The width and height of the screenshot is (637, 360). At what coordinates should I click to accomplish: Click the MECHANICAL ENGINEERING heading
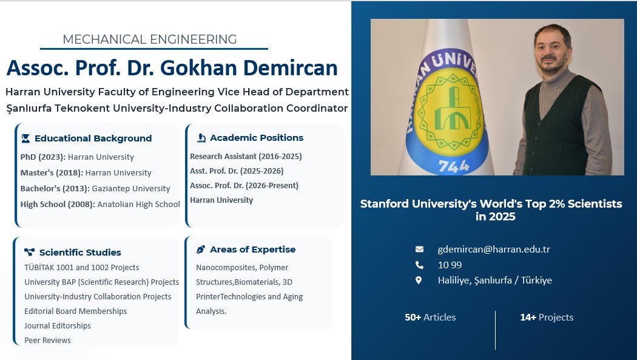pyautogui.click(x=149, y=39)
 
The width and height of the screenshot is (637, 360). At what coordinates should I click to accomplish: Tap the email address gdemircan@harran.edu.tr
pyautogui.click(x=494, y=249)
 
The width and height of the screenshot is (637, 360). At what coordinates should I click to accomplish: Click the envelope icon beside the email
pyautogui.click(x=419, y=249)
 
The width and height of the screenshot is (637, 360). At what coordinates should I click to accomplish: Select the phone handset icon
pyautogui.click(x=419, y=265)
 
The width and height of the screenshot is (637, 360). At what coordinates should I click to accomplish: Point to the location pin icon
pyautogui.click(x=419, y=280)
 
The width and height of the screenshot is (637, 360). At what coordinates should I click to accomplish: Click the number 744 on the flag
pyautogui.click(x=454, y=166)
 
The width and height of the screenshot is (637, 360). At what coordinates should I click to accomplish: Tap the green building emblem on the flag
pyautogui.click(x=452, y=108)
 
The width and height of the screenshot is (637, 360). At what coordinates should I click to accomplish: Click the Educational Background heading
pyautogui.click(x=93, y=138)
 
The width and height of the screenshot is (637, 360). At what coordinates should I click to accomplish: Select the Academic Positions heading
pyautogui.click(x=257, y=138)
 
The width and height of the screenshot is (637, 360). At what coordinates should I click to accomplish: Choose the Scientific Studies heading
pyautogui.click(x=80, y=253)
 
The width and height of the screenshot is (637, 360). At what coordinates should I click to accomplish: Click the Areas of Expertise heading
pyautogui.click(x=253, y=250)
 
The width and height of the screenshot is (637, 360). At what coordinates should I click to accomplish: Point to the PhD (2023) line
pyautogui.click(x=77, y=157)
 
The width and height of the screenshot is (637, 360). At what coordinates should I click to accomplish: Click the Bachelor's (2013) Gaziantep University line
pyautogui.click(x=95, y=189)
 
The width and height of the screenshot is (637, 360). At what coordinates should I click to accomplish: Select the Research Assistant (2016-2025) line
pyautogui.click(x=246, y=157)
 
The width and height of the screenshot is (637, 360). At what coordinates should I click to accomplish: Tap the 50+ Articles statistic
pyautogui.click(x=430, y=318)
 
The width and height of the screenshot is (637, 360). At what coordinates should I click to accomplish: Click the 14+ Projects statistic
pyautogui.click(x=547, y=318)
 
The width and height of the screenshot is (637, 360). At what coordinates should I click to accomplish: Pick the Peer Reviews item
pyautogui.click(x=47, y=341)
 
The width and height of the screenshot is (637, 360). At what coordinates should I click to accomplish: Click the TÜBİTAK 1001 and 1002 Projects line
pyautogui.click(x=82, y=267)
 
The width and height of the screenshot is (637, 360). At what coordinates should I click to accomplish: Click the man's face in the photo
pyautogui.click(x=552, y=50)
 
